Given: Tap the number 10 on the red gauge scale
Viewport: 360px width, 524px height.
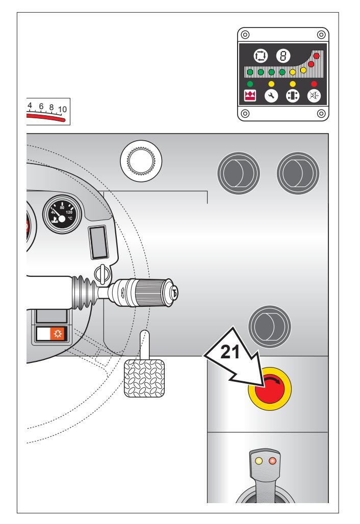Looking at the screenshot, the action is point(63,110).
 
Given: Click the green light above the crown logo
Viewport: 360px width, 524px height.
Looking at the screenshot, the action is point(249,83).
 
